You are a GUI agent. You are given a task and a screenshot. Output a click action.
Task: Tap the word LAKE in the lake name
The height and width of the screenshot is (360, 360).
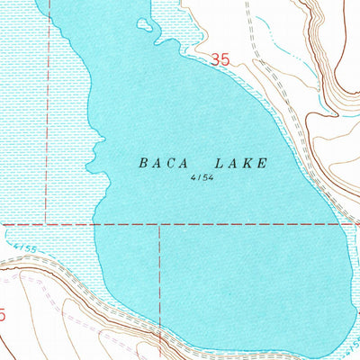pyautogui.click(x=240, y=163)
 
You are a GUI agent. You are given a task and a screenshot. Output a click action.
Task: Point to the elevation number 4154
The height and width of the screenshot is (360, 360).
pyautogui.click(x=202, y=178)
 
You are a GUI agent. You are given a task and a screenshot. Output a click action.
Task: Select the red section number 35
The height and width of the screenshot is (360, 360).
pyautogui.click(x=220, y=60)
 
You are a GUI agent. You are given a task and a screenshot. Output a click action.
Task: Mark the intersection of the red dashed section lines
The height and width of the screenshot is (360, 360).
pyautogui.click(x=160, y=224)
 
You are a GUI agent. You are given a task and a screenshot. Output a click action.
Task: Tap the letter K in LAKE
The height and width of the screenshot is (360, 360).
pyautogui.click(x=247, y=163)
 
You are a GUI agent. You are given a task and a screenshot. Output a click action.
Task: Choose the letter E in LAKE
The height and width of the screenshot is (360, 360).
pyautogui.click(x=262, y=163)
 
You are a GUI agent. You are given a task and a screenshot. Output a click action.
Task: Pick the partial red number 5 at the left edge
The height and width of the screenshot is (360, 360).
pyautogui.click(x=3, y=315)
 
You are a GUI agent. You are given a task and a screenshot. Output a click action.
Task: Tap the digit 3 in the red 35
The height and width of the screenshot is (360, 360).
pyautogui.click(x=216, y=60)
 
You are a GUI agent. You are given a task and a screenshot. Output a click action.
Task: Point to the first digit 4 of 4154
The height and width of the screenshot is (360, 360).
pyautogui.click(x=193, y=178)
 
